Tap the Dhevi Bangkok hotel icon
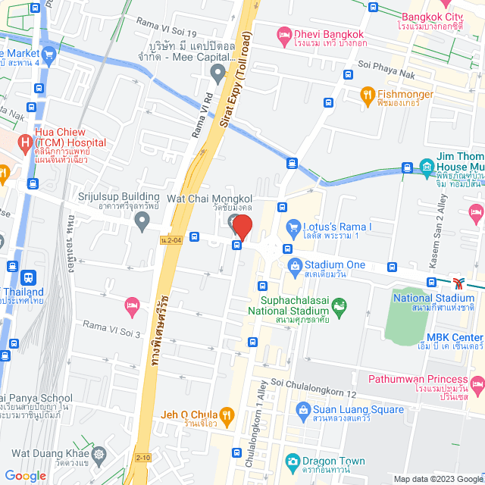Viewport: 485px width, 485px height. coord(284,35)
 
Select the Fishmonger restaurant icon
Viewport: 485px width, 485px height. coord(368,95)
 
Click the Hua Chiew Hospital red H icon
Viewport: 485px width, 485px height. coord(26,142)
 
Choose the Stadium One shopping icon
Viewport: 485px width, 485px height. coord(294,264)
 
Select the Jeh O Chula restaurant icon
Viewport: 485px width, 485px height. coord(226,415)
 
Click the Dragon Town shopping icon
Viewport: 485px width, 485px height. coord(292,460)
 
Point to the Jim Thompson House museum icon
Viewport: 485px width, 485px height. coord(427,166)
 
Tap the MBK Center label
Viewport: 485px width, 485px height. coord(455,337)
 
